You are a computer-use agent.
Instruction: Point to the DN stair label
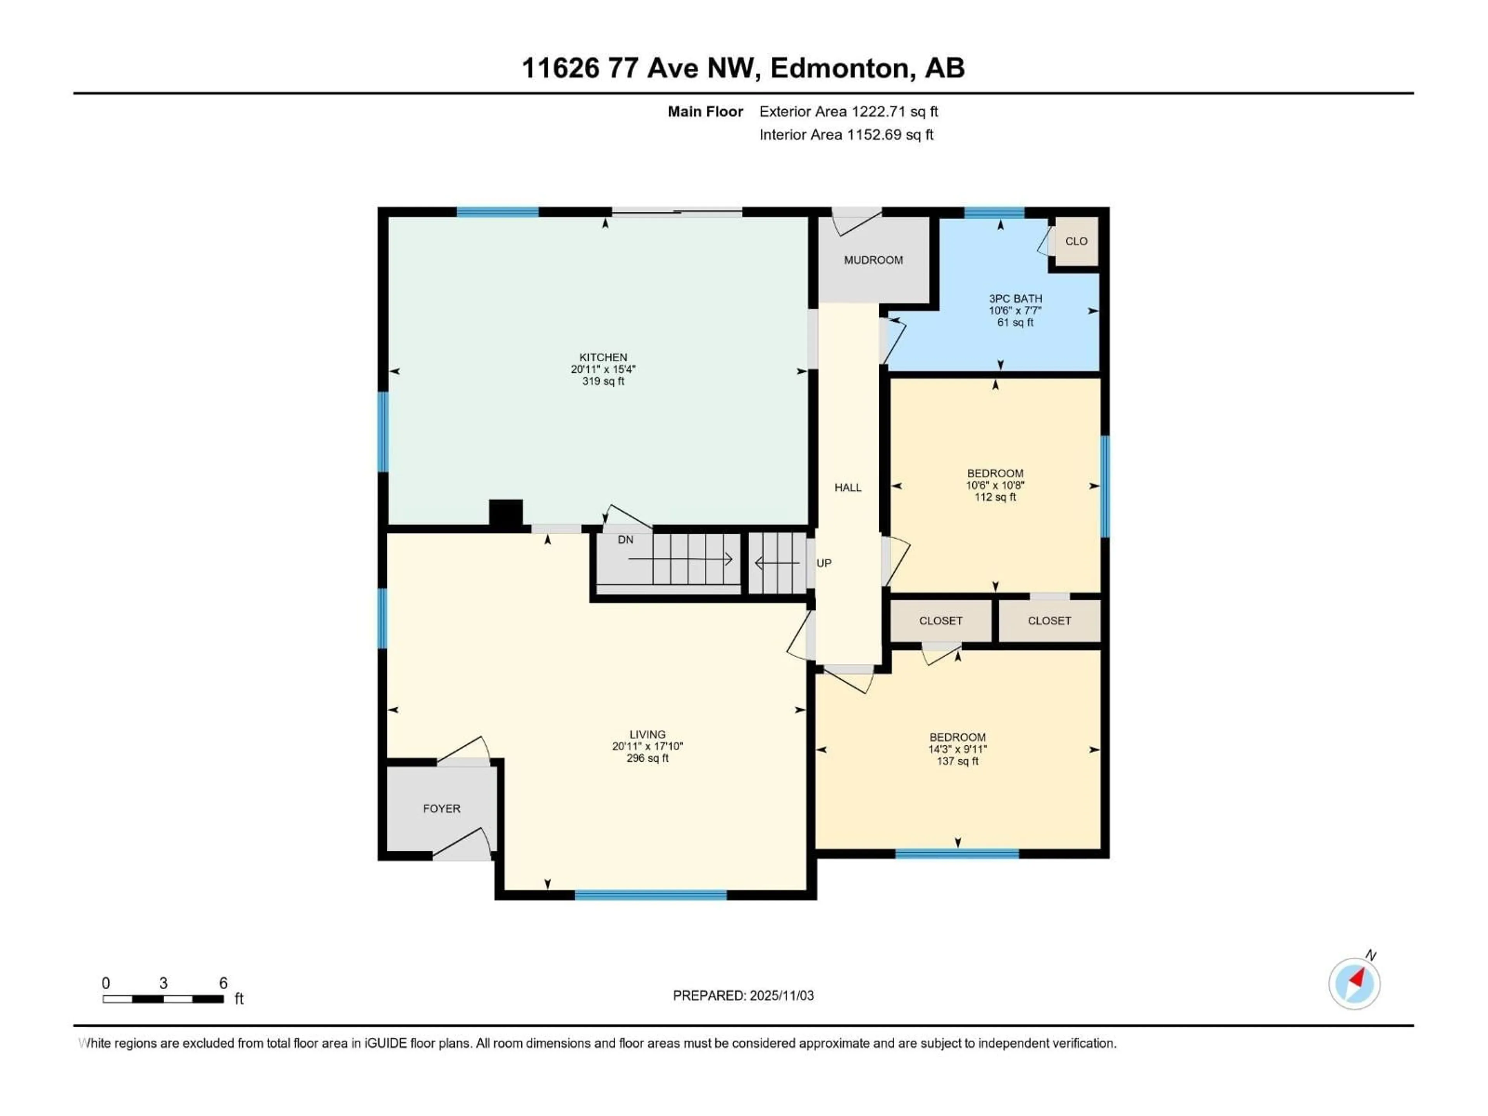click(x=625, y=539)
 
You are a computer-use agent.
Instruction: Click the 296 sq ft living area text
click(x=647, y=758)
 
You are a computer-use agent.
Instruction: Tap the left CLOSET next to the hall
click(x=940, y=621)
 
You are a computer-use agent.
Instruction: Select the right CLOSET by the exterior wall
click(x=1049, y=621)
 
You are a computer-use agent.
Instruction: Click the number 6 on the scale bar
click(x=223, y=983)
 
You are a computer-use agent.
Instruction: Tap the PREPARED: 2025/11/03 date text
click(x=743, y=995)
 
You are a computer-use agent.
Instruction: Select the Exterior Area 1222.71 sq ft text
click(x=848, y=112)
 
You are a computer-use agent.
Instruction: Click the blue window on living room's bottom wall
click(x=651, y=895)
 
